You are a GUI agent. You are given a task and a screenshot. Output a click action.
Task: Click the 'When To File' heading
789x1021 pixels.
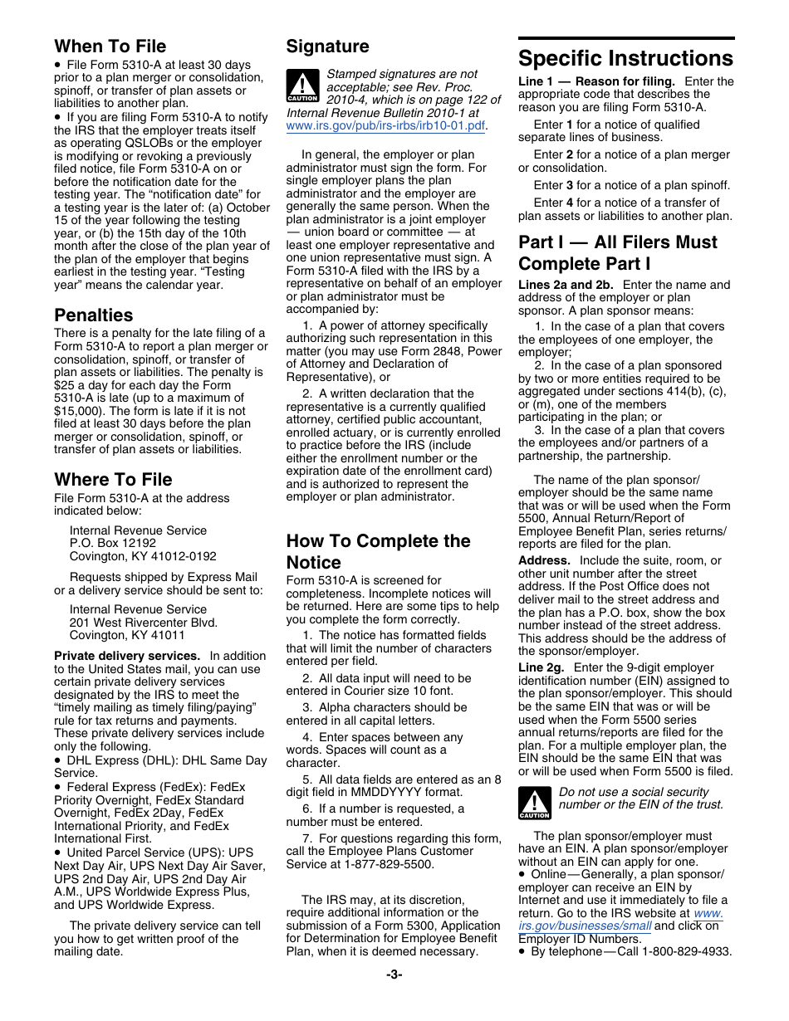110,46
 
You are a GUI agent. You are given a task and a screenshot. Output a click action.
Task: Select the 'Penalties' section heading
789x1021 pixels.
93,315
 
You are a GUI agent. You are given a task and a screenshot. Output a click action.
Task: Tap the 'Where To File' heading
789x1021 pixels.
113,480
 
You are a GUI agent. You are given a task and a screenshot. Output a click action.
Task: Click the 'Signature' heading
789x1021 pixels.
327,46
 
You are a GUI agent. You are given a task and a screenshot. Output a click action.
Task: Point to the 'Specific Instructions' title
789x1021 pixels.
625,59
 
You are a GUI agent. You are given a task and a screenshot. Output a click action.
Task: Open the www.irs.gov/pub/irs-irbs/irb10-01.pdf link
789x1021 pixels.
385,126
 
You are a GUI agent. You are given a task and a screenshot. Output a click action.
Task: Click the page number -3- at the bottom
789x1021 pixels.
394,975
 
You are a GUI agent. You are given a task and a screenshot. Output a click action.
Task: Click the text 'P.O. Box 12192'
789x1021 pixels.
113,544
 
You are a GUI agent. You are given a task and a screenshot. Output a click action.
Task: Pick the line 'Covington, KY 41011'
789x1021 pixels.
127,635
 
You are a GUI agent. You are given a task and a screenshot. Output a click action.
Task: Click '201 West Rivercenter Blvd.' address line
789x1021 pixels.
144,623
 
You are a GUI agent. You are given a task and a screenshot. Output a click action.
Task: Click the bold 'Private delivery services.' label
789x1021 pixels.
127,656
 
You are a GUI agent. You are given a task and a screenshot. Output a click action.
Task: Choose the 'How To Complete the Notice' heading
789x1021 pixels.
378,551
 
